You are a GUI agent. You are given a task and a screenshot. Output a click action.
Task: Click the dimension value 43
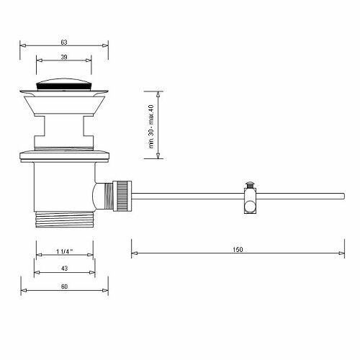(x=66, y=268)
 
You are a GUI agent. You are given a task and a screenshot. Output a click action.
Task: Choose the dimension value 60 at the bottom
(x=66, y=286)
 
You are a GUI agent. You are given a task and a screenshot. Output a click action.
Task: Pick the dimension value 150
(x=238, y=249)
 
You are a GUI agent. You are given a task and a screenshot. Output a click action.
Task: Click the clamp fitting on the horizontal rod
(x=250, y=200)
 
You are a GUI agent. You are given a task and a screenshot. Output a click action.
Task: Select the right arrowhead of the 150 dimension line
(x=343, y=253)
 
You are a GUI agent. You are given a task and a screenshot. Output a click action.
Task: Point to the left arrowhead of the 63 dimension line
(x=20, y=45)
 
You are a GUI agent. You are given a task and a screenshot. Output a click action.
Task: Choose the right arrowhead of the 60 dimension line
(x=109, y=290)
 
